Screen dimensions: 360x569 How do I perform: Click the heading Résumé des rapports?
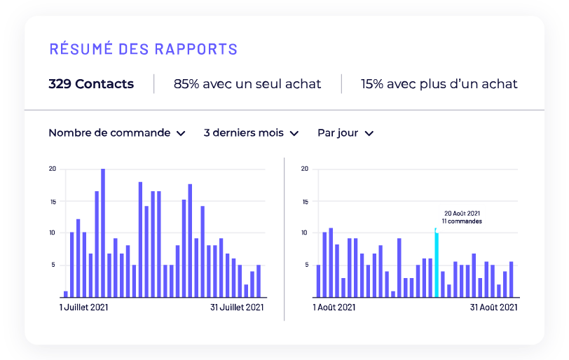coord(143,49)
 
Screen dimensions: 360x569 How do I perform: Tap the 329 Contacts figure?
coord(91,84)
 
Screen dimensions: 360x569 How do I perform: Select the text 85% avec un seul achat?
coord(247,84)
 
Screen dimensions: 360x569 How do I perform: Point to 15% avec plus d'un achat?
coord(439,84)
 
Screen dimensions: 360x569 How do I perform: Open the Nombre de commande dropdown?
coord(117,133)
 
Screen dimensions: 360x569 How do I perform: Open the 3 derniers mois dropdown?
coord(251,133)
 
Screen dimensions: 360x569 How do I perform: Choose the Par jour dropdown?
coord(345,133)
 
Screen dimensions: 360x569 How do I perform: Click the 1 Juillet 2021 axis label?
coord(83,307)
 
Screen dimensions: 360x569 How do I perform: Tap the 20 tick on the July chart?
coord(53,169)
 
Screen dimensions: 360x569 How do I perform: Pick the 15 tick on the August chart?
coord(305,201)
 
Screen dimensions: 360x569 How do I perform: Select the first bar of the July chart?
coord(66,294)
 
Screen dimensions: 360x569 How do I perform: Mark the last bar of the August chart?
coord(512,279)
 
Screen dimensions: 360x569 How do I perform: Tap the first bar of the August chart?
coord(318,281)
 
